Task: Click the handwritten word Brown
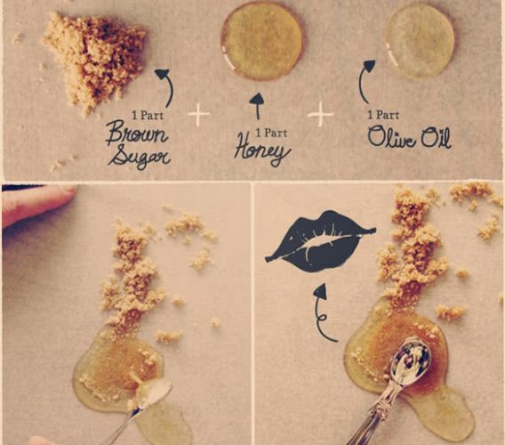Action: pyautogui.click(x=137, y=133)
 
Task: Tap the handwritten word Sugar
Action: pyautogui.click(x=139, y=157)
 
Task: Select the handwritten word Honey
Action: pyautogui.click(x=262, y=151)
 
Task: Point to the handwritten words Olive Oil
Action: pyautogui.click(x=409, y=138)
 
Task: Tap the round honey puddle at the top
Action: pyautogui.click(x=262, y=41)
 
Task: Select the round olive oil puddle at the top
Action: pyautogui.click(x=419, y=41)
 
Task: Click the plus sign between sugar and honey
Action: pyautogui.click(x=198, y=114)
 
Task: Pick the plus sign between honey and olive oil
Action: pyautogui.click(x=320, y=114)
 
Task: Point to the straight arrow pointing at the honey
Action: pyautogui.click(x=257, y=107)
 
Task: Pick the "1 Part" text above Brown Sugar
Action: pyautogui.click(x=148, y=115)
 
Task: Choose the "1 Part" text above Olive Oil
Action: pyautogui.click(x=383, y=114)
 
